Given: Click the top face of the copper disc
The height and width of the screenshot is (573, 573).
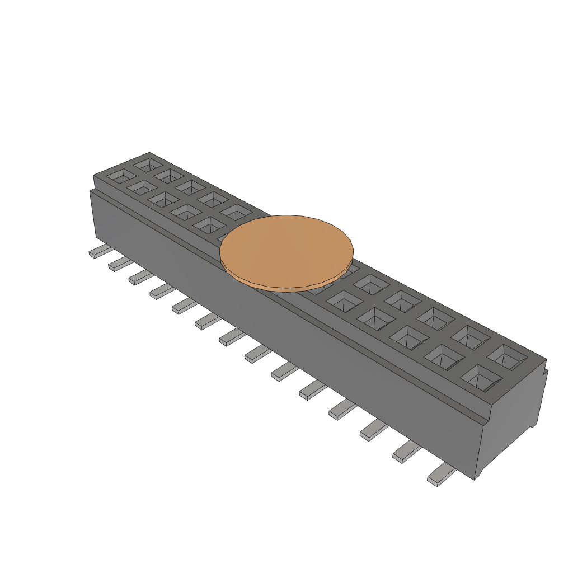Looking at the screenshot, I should tap(286, 249).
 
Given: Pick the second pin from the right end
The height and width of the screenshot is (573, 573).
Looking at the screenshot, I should tap(407, 452).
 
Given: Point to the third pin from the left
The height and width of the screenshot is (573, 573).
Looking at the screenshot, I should tap(139, 277).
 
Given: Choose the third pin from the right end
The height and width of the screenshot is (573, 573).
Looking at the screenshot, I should tap(374, 430).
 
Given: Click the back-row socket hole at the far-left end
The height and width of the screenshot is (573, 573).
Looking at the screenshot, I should tap(149, 165).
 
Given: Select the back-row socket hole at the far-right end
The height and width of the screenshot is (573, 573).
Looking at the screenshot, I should tap(507, 356).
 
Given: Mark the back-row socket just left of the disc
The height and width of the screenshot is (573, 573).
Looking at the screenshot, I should tap(237, 212).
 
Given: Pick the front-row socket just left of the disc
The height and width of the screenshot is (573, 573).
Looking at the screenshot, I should tap(210, 225).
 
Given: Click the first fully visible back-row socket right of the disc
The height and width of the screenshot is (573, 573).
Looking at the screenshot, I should tap(370, 284).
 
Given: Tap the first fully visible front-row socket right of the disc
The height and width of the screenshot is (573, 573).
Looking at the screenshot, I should tap(344, 302).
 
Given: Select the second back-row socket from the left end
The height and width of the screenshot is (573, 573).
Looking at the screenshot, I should tap(170, 176).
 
